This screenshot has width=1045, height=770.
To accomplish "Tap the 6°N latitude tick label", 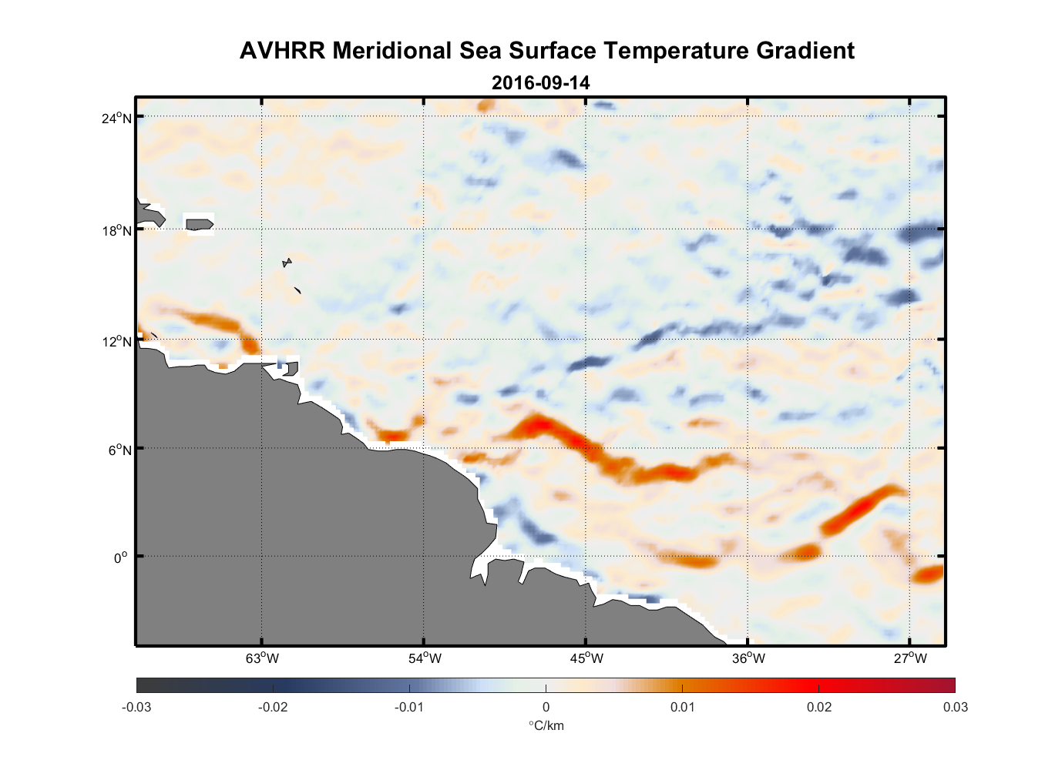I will tap(120, 450).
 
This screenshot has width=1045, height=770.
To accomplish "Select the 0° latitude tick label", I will tap(121, 557).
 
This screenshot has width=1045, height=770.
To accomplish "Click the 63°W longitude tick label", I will tap(262, 658).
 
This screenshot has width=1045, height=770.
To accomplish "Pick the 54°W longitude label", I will tap(425, 658).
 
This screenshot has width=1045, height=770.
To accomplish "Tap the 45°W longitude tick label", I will tap(586, 658).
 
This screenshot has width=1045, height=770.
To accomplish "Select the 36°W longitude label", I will tap(748, 658).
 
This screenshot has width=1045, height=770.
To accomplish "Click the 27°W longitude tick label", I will tap(910, 658).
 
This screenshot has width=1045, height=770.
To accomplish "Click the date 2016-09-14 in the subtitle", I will tap(540, 82).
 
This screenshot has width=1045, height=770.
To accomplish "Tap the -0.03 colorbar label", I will tap(136, 707).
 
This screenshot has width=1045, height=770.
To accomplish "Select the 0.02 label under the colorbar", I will tap(818, 707).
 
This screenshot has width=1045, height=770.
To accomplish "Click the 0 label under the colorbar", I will tap(546, 707).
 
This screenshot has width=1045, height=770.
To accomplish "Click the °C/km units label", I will tap(546, 725).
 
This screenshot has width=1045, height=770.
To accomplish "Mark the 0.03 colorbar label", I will tap(955, 707).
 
